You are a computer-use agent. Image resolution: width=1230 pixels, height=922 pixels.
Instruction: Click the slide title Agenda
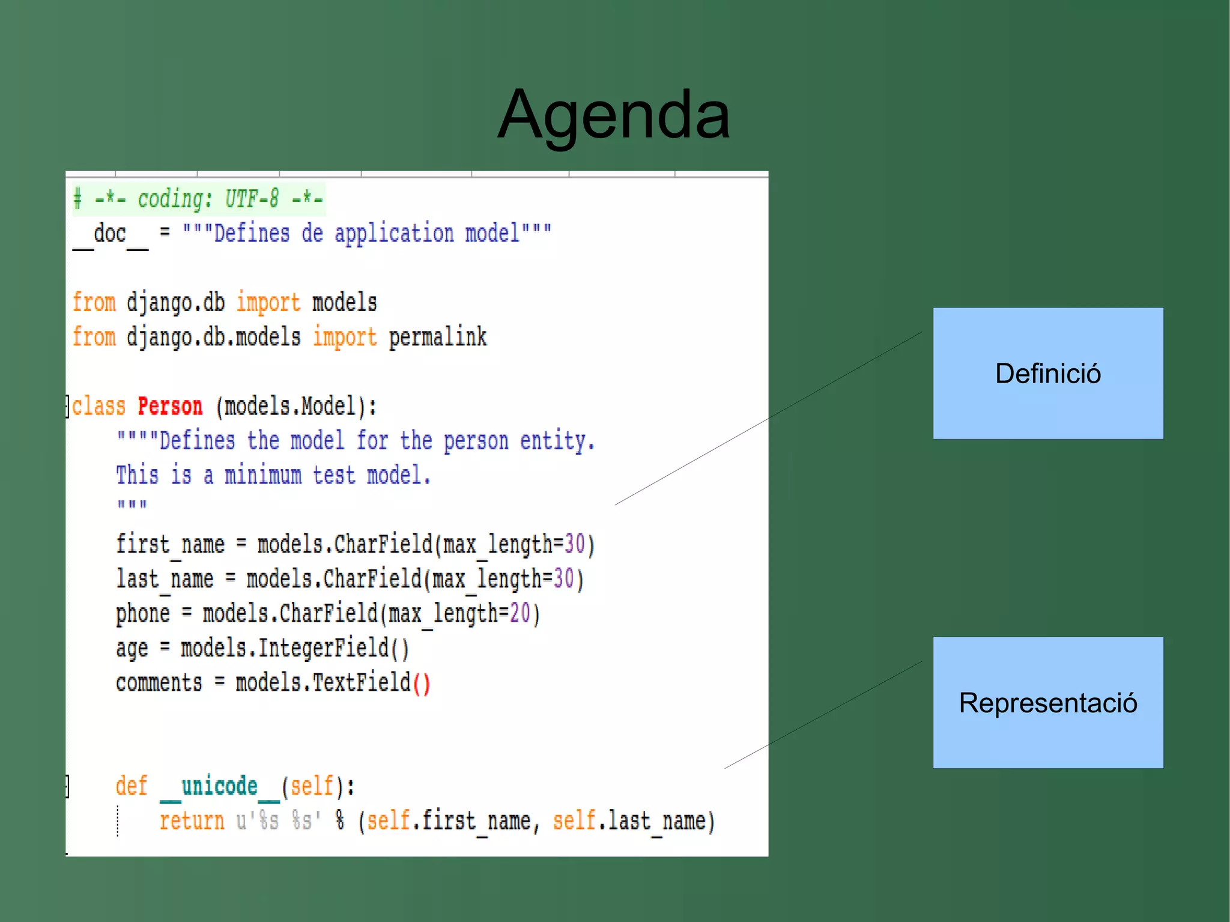pyautogui.click(x=614, y=114)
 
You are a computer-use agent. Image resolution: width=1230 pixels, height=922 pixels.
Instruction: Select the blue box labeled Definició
pyautogui.click(x=1047, y=373)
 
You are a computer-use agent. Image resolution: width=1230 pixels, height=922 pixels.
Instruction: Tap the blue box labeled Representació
pyautogui.click(x=1047, y=702)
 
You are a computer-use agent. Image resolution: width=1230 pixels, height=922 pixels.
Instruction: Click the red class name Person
pyautogui.click(x=170, y=407)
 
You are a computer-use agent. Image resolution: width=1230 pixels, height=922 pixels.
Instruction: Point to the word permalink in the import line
pyautogui.click(x=437, y=337)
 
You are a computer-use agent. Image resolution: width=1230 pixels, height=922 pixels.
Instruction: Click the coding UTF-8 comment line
pyautogui.click(x=198, y=199)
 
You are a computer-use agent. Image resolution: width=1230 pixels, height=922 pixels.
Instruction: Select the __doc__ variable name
pyautogui.click(x=110, y=234)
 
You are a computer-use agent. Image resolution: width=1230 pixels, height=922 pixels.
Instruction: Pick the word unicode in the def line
pyautogui.click(x=219, y=786)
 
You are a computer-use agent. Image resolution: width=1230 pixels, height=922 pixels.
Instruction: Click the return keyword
pyautogui.click(x=192, y=820)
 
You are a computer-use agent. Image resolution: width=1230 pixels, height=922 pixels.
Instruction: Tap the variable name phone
pyautogui.click(x=143, y=614)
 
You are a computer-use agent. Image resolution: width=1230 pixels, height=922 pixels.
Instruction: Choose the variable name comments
pyautogui.click(x=159, y=683)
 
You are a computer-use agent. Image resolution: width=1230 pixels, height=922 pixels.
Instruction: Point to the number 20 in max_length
pyautogui.click(x=520, y=613)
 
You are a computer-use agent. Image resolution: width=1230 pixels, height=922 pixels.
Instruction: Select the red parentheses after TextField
pyautogui.click(x=422, y=684)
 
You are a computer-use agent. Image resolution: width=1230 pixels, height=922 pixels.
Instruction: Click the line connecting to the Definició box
pyautogui.click(x=769, y=418)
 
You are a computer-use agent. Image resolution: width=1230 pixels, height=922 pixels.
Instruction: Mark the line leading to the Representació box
pyautogui.click(x=823, y=715)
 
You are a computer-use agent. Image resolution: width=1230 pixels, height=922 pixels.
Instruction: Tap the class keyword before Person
pyautogui.click(x=99, y=407)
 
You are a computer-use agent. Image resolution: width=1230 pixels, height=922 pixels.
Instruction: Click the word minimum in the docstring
pyautogui.click(x=263, y=476)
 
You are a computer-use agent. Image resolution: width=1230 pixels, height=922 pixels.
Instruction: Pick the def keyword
pyautogui.click(x=131, y=786)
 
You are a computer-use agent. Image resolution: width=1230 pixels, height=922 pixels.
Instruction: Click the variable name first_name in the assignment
pyautogui.click(x=170, y=545)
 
